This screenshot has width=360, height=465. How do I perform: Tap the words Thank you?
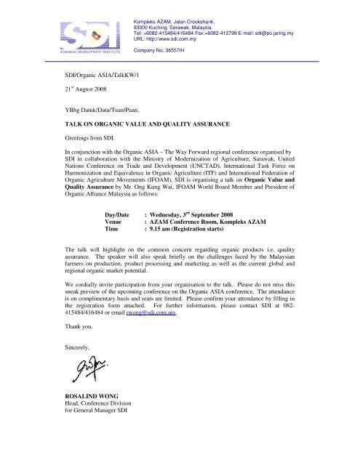point(76,368)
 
